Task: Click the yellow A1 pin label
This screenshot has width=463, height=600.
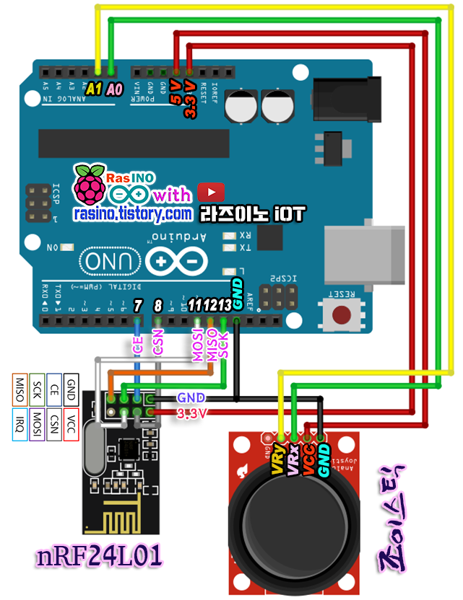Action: coord(93,89)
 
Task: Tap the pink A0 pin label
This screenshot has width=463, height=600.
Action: coord(114,89)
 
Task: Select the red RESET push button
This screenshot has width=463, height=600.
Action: coord(340,314)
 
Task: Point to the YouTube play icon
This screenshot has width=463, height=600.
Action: coord(211,192)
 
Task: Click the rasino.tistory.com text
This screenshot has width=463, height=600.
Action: coord(131,214)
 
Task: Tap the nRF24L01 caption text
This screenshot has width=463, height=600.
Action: coord(99,556)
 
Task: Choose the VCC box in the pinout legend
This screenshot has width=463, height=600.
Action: coord(71,425)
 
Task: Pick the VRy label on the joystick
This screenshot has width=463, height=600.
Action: coord(277,460)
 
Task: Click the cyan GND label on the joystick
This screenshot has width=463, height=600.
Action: coord(323,460)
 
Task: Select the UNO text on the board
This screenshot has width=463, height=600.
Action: coord(108,261)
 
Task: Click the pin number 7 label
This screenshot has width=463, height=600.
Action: coord(137,305)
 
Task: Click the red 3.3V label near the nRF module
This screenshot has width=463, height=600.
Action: coord(192,412)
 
